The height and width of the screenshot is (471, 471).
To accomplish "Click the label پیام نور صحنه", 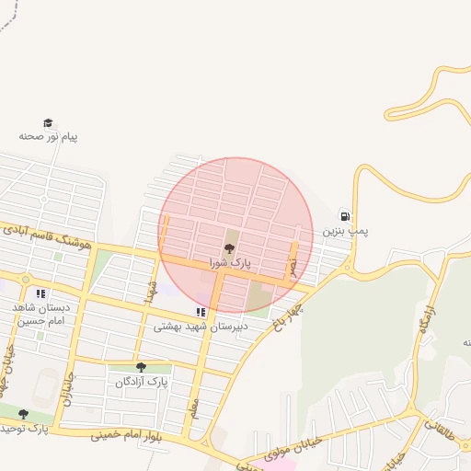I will [49, 136].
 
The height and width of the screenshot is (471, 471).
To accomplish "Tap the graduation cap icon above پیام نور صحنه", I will [48, 122].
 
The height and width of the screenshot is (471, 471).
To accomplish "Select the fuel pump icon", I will [344, 215].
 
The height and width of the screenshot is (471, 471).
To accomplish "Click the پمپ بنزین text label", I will [343, 232].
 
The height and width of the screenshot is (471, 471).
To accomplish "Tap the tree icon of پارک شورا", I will [229, 248].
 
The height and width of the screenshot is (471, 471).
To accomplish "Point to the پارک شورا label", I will [229, 263].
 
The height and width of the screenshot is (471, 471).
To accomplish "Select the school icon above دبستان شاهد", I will [40, 293].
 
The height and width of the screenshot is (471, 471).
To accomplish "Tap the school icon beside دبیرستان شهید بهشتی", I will [201, 313].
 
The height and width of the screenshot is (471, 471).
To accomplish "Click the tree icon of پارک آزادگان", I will [141, 367].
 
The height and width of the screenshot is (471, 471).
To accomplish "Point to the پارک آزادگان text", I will [140, 381].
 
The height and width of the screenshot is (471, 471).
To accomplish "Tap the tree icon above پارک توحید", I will [23, 414].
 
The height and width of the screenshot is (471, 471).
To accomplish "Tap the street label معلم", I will [194, 408].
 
